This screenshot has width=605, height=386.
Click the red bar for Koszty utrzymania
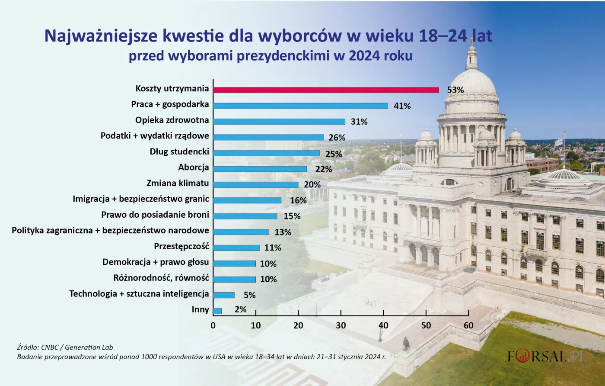coord(326,90)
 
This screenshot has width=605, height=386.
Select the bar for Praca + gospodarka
coord(300,106)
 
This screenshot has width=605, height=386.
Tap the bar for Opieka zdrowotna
coord(279,122)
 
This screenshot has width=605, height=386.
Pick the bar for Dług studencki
coord(266,153)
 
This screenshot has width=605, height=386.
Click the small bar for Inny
coord(217,311)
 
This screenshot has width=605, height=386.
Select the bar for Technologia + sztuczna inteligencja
coord(224,295)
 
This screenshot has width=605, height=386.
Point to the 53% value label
coord(455,90)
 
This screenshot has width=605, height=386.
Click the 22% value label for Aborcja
coord(323,169)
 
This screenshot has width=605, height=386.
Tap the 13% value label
coord(283,232)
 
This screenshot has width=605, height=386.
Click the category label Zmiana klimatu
coord(178,183)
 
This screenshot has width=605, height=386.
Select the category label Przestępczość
coord(181,246)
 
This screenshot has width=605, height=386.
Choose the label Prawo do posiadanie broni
coord(155,215)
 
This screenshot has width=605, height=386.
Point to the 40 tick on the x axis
coord(383,325)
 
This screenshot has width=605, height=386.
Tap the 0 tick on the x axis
coord(213,325)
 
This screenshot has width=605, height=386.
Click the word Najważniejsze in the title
coord(101,36)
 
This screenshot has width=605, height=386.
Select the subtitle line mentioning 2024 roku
coord(271,56)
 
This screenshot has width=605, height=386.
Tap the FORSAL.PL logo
coord(547,357)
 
